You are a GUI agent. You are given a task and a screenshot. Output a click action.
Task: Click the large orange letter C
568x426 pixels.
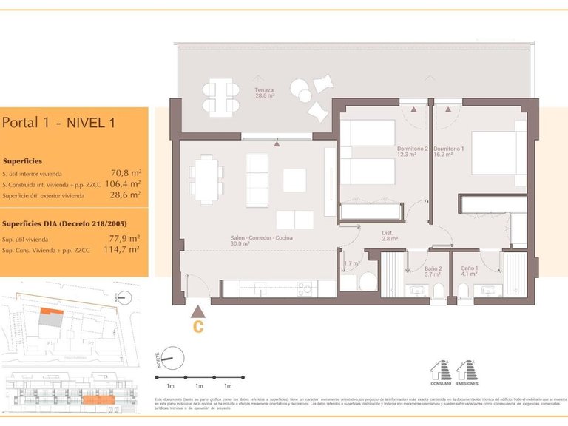pyautogui.click(x=197, y=325)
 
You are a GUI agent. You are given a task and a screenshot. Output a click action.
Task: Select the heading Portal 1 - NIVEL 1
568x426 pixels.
pyautogui.click(x=58, y=123)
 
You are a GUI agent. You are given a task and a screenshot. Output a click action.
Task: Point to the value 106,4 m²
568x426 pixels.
pyautogui.click(x=123, y=183)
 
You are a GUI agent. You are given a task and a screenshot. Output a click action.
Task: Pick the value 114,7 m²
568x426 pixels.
pyautogui.click(x=123, y=250)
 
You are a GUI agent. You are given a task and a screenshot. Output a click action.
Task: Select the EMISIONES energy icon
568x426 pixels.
pyautogui.click(x=467, y=371)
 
